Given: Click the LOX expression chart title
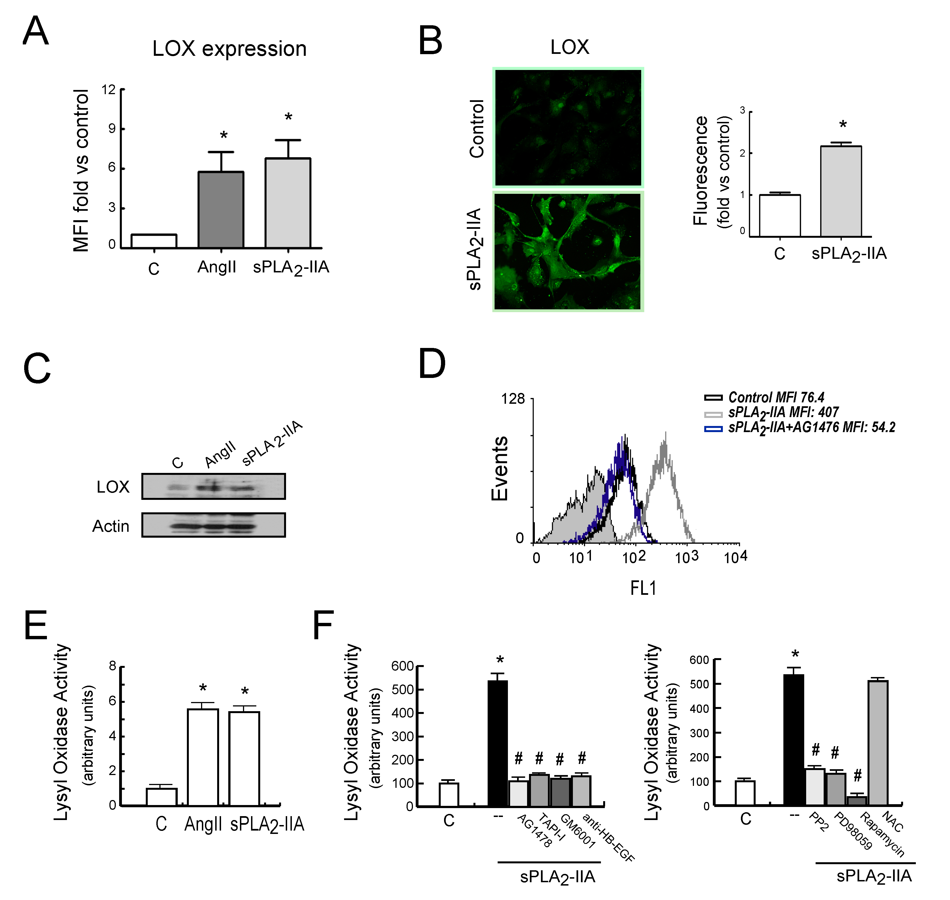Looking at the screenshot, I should tap(229, 49).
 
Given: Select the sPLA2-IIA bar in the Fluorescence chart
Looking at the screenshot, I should tap(841, 191).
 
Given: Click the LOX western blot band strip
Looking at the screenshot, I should tap(214, 487).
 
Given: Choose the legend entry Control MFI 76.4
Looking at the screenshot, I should tap(776, 398).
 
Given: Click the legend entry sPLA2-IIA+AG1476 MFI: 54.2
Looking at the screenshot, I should tap(811, 427).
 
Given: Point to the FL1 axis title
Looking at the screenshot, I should tap(643, 588).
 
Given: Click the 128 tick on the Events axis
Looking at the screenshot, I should tap(513, 399).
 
